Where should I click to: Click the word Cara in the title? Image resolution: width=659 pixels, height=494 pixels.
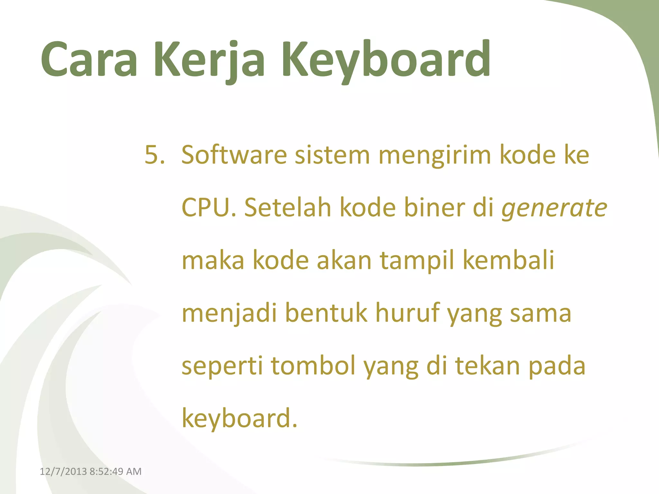coord(89,59)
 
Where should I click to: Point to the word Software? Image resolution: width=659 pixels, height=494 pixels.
coord(234,155)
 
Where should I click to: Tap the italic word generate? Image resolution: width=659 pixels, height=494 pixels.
coord(554,208)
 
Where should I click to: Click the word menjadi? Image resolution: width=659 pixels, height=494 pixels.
coord(229,314)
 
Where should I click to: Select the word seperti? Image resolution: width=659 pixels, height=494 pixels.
coord(222,367)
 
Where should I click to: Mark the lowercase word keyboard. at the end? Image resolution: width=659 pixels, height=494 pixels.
coord(239,419)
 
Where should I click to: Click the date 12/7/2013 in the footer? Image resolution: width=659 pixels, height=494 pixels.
coord(63,471)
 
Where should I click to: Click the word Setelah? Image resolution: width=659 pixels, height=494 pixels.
coord(288,208)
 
